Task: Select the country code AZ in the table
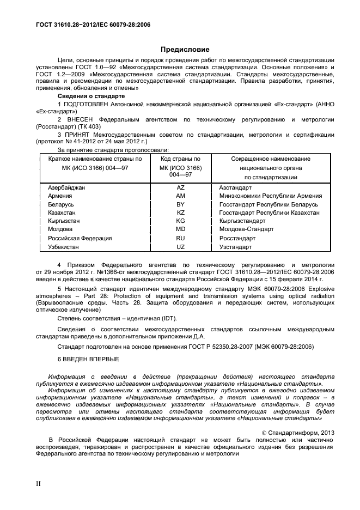tap(180, 187)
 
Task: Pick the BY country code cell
tap(180, 204)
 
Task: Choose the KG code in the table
tap(180, 221)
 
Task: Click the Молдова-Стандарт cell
tap(243, 229)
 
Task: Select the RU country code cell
tap(180, 238)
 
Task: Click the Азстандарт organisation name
tap(235, 187)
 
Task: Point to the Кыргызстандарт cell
tap(242, 221)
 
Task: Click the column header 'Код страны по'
tap(180, 159)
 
